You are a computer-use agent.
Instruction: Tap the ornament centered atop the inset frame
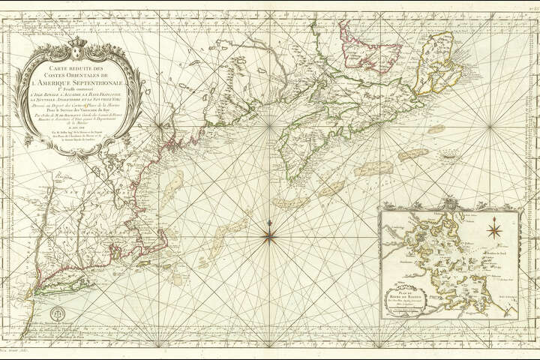pos(448,202)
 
